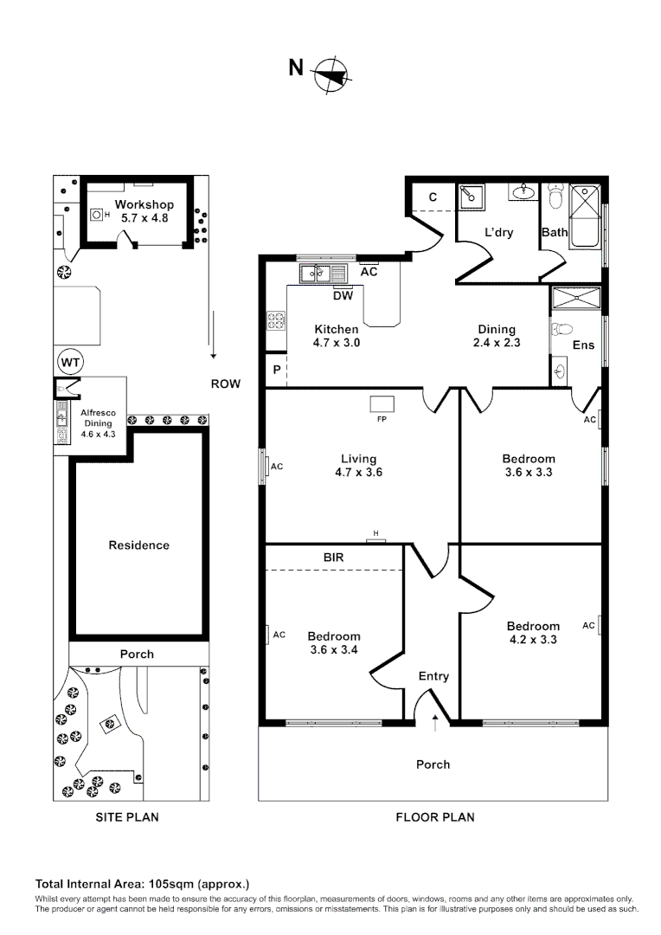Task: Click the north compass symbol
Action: pos(330,74)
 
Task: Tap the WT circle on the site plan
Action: pos(69,360)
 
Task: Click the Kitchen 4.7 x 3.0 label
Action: pos(337,336)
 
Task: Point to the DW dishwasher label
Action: pos(343,295)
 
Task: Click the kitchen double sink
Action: pos(317,274)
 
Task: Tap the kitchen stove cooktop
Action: pos(276,321)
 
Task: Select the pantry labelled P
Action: pos(276,369)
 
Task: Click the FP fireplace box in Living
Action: pos(382,403)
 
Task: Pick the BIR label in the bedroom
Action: pos(333,558)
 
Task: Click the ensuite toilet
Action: pos(563,330)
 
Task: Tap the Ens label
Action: pos(583,345)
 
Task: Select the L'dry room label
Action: pos(499,233)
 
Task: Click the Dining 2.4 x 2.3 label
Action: pos(497,336)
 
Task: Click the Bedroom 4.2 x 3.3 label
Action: pos(533,633)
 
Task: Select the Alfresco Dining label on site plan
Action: pos(97,423)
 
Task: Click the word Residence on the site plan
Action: pos(138,545)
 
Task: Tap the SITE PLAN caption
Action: pos(126,816)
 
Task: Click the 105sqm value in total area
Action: pos(172,884)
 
